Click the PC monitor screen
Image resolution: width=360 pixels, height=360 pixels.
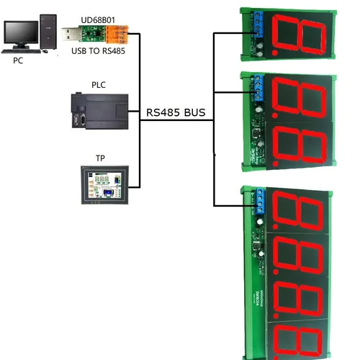21,32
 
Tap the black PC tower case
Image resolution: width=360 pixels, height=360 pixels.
48,32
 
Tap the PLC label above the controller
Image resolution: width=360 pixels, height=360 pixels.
99,85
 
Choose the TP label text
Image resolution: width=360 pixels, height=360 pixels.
100,157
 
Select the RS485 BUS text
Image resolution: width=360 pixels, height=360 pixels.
176,112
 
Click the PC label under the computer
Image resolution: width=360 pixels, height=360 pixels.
18,61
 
